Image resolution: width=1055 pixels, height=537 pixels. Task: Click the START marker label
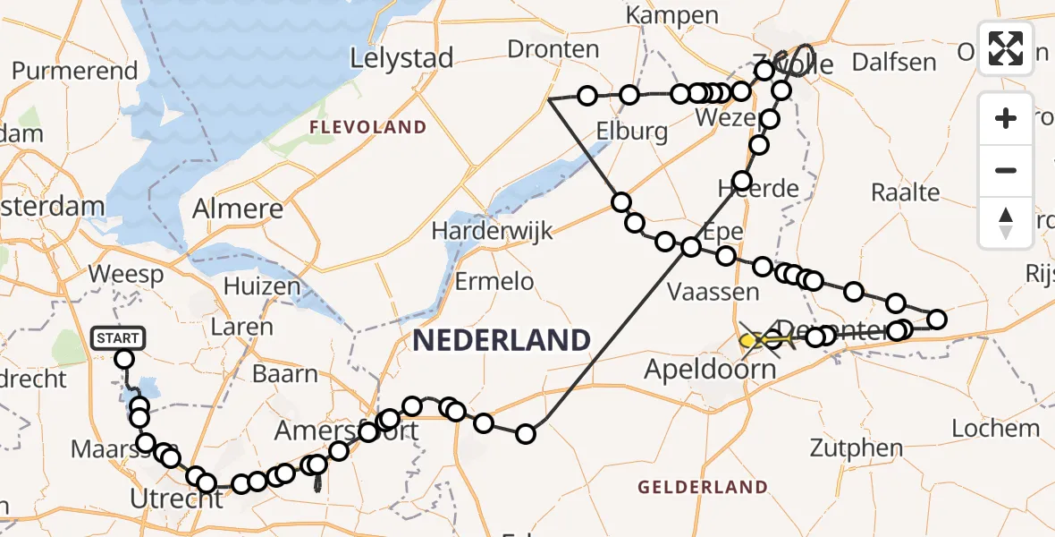tap(117, 337)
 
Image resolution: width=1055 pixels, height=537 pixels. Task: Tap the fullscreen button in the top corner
tap(1006, 48)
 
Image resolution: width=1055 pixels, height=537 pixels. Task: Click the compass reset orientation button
tap(1006, 223)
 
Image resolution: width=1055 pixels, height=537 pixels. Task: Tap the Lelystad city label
tap(401, 59)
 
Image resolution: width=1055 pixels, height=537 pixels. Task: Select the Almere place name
tap(238, 209)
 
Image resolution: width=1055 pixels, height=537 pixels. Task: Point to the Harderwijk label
tap(493, 230)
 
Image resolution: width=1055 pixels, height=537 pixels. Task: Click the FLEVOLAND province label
tap(367, 127)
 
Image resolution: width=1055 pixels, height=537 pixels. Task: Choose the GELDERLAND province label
tap(703, 487)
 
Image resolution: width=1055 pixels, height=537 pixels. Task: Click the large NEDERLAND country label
tap(501, 340)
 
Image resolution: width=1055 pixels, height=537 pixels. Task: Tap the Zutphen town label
tap(844, 447)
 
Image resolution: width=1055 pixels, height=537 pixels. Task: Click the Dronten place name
tap(553, 48)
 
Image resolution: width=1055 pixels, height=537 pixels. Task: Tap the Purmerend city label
tap(75, 71)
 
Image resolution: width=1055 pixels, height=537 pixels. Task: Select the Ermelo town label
tap(494, 282)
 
